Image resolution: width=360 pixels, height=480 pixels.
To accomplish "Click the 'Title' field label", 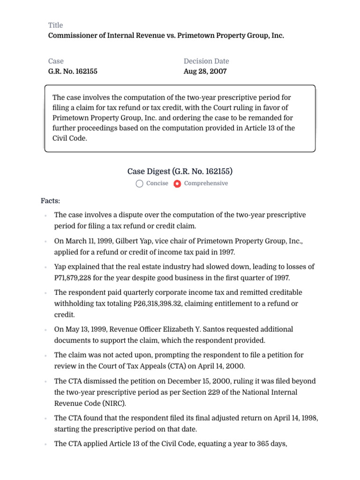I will [x=55, y=25].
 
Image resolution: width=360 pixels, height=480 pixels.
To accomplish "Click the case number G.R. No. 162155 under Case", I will [x=73, y=72].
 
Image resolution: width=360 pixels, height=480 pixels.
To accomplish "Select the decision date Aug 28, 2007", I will [x=205, y=72].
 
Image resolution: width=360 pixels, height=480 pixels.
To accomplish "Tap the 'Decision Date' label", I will [x=206, y=61].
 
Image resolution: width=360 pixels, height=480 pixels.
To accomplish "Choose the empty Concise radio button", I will [x=140, y=184].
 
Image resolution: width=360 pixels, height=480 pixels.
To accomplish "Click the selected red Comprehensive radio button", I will [x=177, y=184].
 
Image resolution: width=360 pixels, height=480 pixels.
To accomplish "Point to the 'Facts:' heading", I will [x=51, y=201].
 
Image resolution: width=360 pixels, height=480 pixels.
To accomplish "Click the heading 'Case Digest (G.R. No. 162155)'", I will [x=180, y=171].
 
